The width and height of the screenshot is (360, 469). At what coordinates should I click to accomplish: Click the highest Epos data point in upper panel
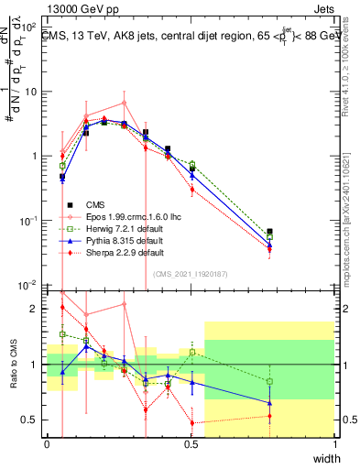pos(125,103)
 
